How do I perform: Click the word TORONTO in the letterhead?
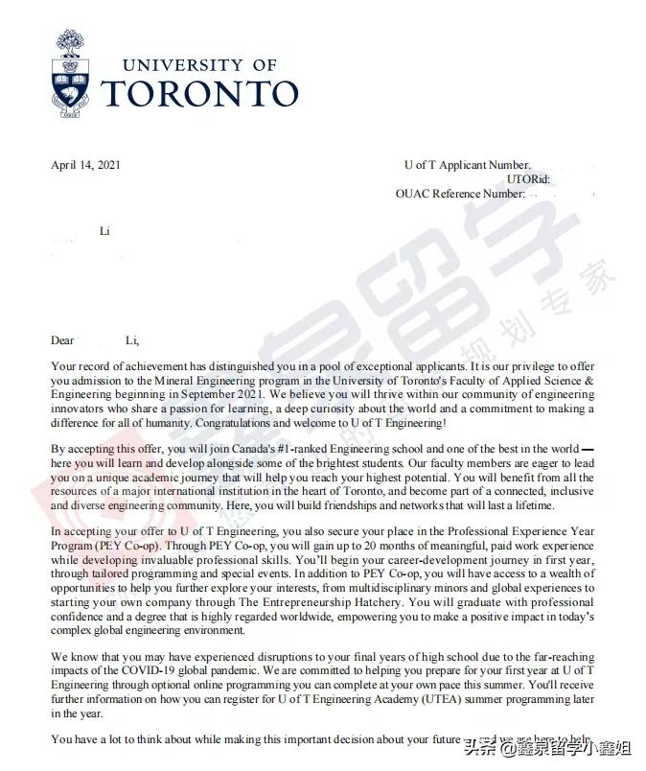(x=199, y=94)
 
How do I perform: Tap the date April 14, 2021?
(x=86, y=165)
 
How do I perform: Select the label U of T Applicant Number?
(x=467, y=165)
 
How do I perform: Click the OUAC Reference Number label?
(x=460, y=194)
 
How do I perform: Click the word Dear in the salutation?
(x=62, y=340)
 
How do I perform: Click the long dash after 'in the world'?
(x=588, y=448)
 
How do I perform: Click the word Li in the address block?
(x=105, y=231)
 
